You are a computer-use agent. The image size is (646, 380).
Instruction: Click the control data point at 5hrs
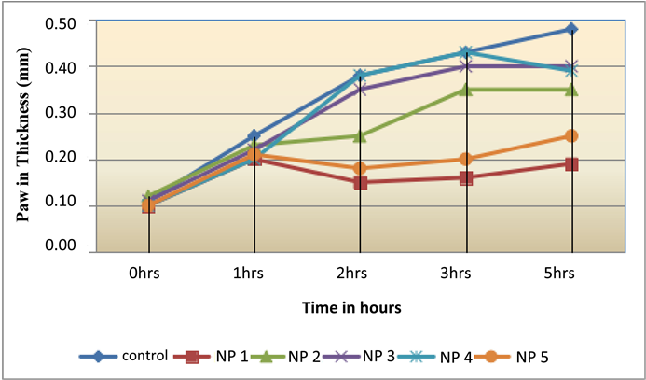[x=571, y=30]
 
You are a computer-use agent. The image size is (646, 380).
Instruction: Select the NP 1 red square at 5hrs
[x=571, y=164]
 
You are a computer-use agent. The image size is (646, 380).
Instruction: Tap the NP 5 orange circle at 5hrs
[x=571, y=136]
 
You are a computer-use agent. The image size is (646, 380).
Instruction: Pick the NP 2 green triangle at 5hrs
[x=571, y=90]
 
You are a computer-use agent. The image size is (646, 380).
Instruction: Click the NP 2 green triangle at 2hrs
[x=360, y=136]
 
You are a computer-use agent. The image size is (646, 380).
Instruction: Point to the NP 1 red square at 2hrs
[x=360, y=183]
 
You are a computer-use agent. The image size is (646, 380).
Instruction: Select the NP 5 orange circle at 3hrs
[x=466, y=160]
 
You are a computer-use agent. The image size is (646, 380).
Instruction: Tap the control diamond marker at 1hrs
[x=254, y=136]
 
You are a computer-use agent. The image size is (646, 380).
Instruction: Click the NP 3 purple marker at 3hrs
[x=466, y=66]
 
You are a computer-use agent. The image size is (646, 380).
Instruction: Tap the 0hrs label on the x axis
[x=149, y=274]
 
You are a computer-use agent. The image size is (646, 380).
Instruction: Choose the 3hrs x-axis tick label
[x=466, y=274]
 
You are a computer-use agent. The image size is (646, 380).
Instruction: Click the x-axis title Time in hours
[x=359, y=306]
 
